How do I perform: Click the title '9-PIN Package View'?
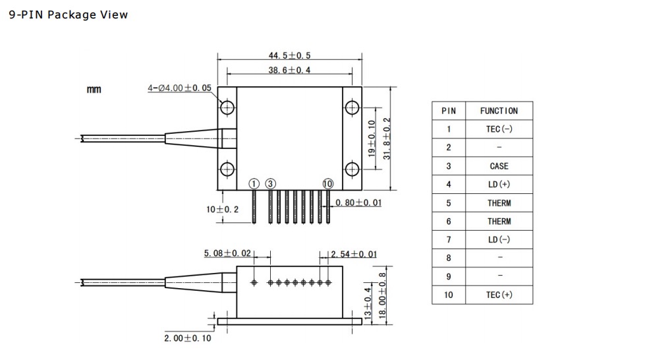68,15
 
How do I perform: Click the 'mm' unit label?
94,90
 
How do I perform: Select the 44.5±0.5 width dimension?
289,55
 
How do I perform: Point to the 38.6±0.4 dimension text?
289,70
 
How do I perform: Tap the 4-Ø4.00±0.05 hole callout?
179,88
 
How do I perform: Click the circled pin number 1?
254,184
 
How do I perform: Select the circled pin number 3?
270,184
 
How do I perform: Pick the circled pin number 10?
327,184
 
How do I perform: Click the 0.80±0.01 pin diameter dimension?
358,202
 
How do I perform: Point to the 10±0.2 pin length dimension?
223,209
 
